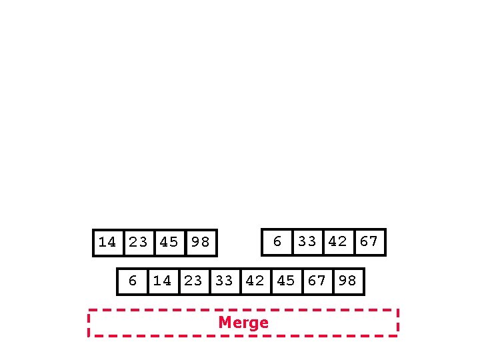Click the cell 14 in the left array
pyautogui.click(x=108, y=243)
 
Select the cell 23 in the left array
pyautogui.click(x=139, y=243)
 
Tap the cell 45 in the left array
pyautogui.click(x=169, y=243)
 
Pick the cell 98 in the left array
pyautogui.click(x=201, y=243)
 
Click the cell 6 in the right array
pyautogui.click(x=277, y=242)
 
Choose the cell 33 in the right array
pyautogui.click(x=307, y=242)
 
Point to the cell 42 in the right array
pyautogui.click(x=338, y=242)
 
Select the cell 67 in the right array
pyautogui.click(x=369, y=242)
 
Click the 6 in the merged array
pyautogui.click(x=133, y=281)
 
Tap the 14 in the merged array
pyautogui.click(x=163, y=281)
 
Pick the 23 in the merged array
pyautogui.click(x=193, y=281)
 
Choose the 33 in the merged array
pyautogui.click(x=224, y=281)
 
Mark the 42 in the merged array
pyautogui.click(x=255, y=281)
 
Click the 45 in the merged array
pyautogui.click(x=285, y=281)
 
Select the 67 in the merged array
pyautogui.click(x=317, y=281)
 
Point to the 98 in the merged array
pyautogui.click(x=347, y=281)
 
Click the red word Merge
pyautogui.click(x=243, y=323)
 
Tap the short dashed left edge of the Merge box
pyautogui.click(x=89, y=323)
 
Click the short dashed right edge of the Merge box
pyautogui.click(x=398, y=323)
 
